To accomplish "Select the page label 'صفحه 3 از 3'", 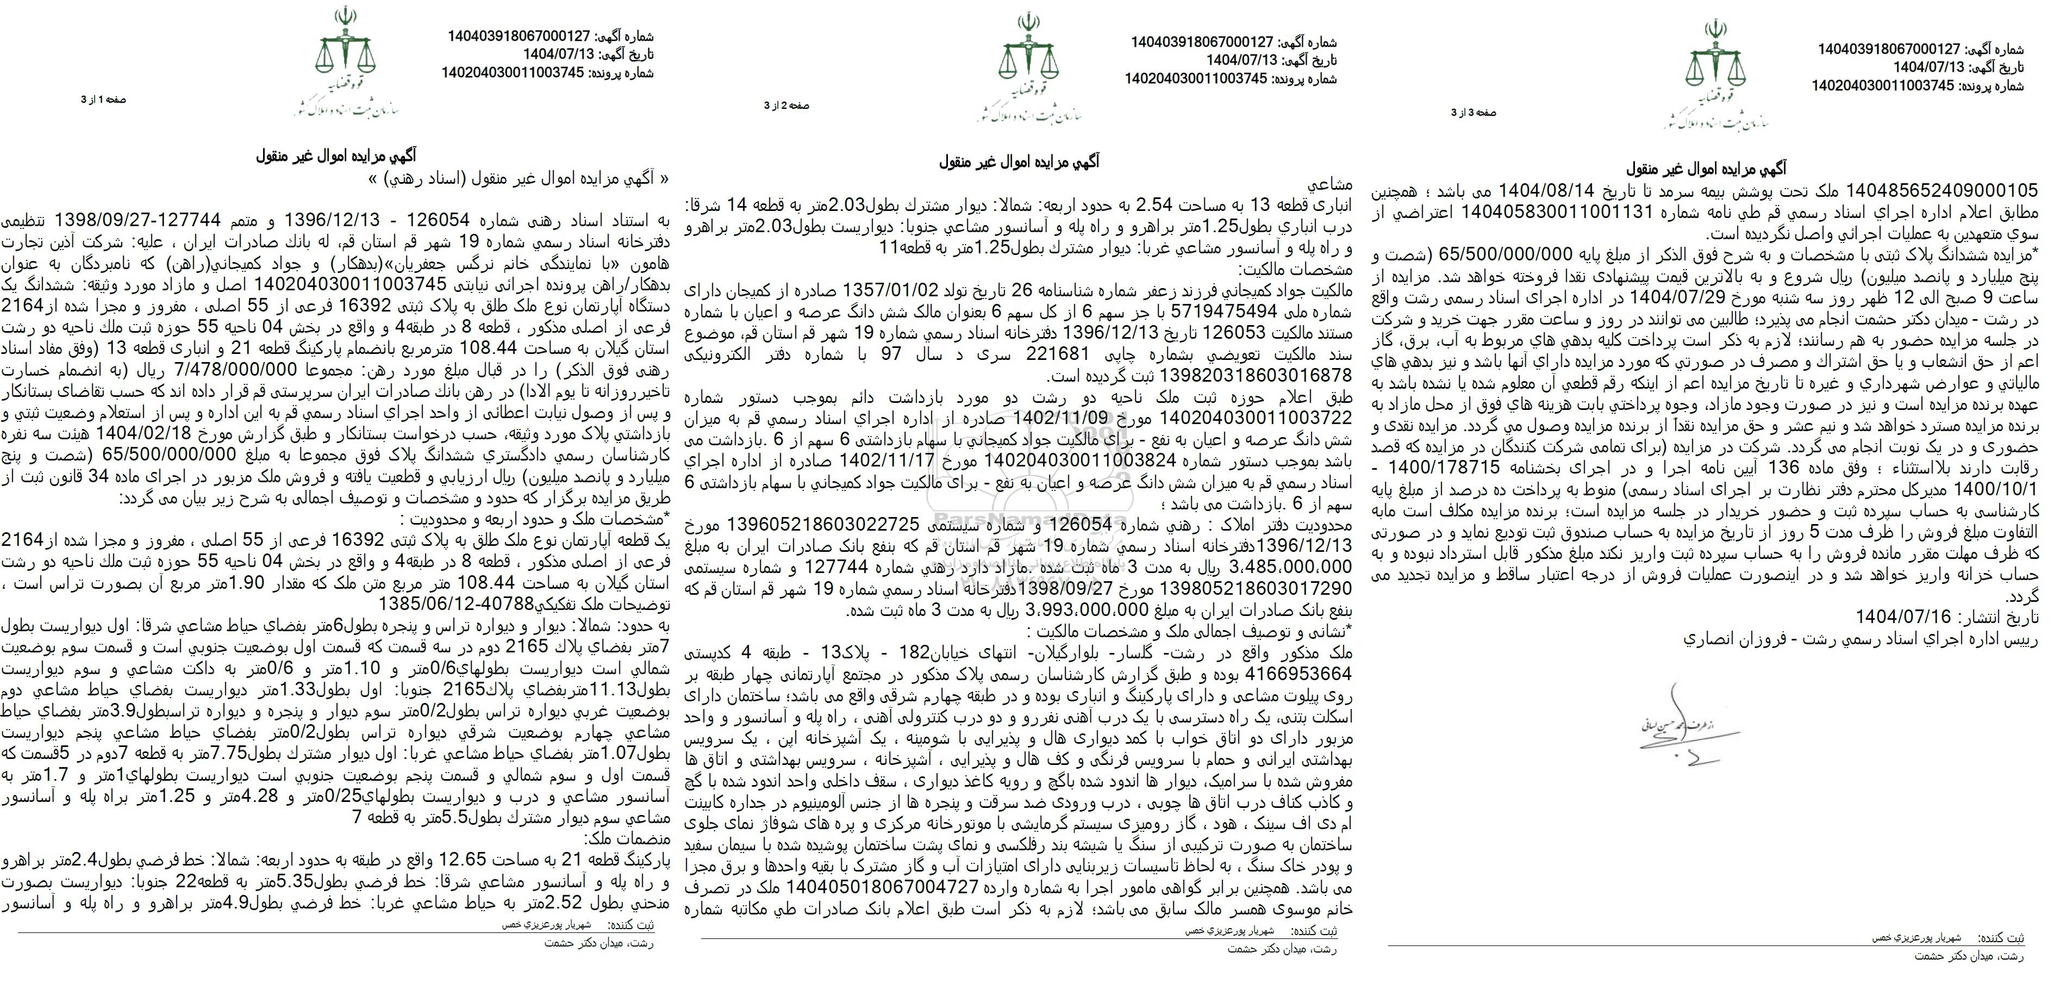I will pyautogui.click(x=1474, y=113).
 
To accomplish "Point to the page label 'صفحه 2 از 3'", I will pyautogui.click(x=787, y=105).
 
